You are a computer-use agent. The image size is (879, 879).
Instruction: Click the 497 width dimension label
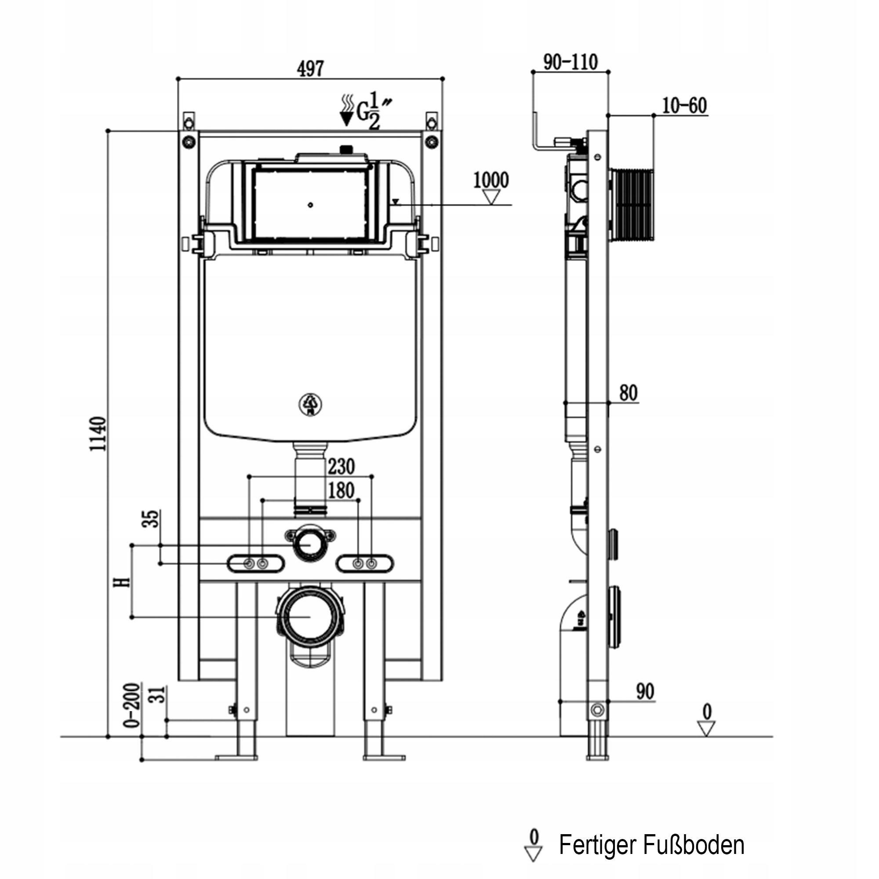tap(310, 69)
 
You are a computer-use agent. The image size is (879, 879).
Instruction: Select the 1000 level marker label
tap(490, 180)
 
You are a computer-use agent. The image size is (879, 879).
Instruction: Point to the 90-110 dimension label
tap(570, 62)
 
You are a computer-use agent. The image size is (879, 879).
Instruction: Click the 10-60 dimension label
tap(684, 105)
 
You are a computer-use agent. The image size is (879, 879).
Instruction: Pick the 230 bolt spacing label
tap(341, 466)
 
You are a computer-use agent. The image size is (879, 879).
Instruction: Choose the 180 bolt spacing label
tap(341, 490)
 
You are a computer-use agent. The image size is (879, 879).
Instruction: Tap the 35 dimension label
tap(151, 519)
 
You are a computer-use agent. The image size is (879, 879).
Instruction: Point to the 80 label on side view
tap(628, 392)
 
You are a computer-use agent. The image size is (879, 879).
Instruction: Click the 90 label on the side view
tap(645, 691)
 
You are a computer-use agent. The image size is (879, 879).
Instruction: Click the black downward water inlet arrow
tap(347, 118)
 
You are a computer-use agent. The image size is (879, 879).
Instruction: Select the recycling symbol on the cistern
tap(310, 404)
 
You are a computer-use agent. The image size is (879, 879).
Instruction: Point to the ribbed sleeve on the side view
tap(633, 205)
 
